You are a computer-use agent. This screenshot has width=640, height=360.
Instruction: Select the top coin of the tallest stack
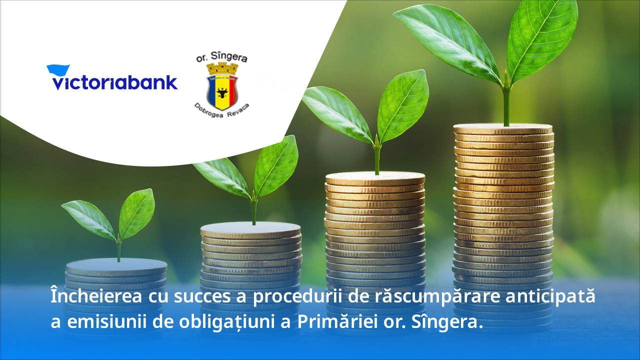(x=503, y=128)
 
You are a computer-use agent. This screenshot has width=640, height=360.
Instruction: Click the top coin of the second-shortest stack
(x=250, y=229)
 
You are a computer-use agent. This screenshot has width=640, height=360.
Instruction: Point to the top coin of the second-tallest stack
(x=375, y=178)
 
